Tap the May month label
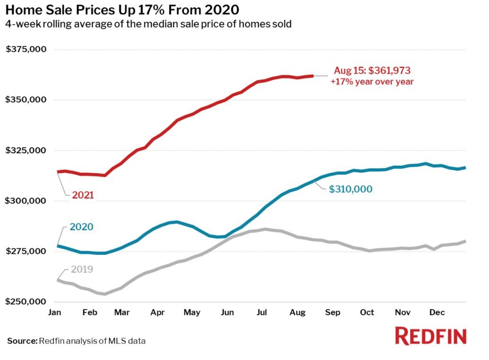click(x=192, y=312)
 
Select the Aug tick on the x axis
click(x=297, y=312)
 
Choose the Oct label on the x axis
click(x=367, y=312)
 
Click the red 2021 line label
click(x=83, y=195)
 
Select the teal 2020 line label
click(x=82, y=226)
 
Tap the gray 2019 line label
click(x=82, y=270)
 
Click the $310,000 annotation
click(x=350, y=189)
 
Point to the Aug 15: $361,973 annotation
click(x=373, y=71)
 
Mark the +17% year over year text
click(x=373, y=81)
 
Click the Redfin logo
click(x=431, y=336)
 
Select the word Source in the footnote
click(x=21, y=341)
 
